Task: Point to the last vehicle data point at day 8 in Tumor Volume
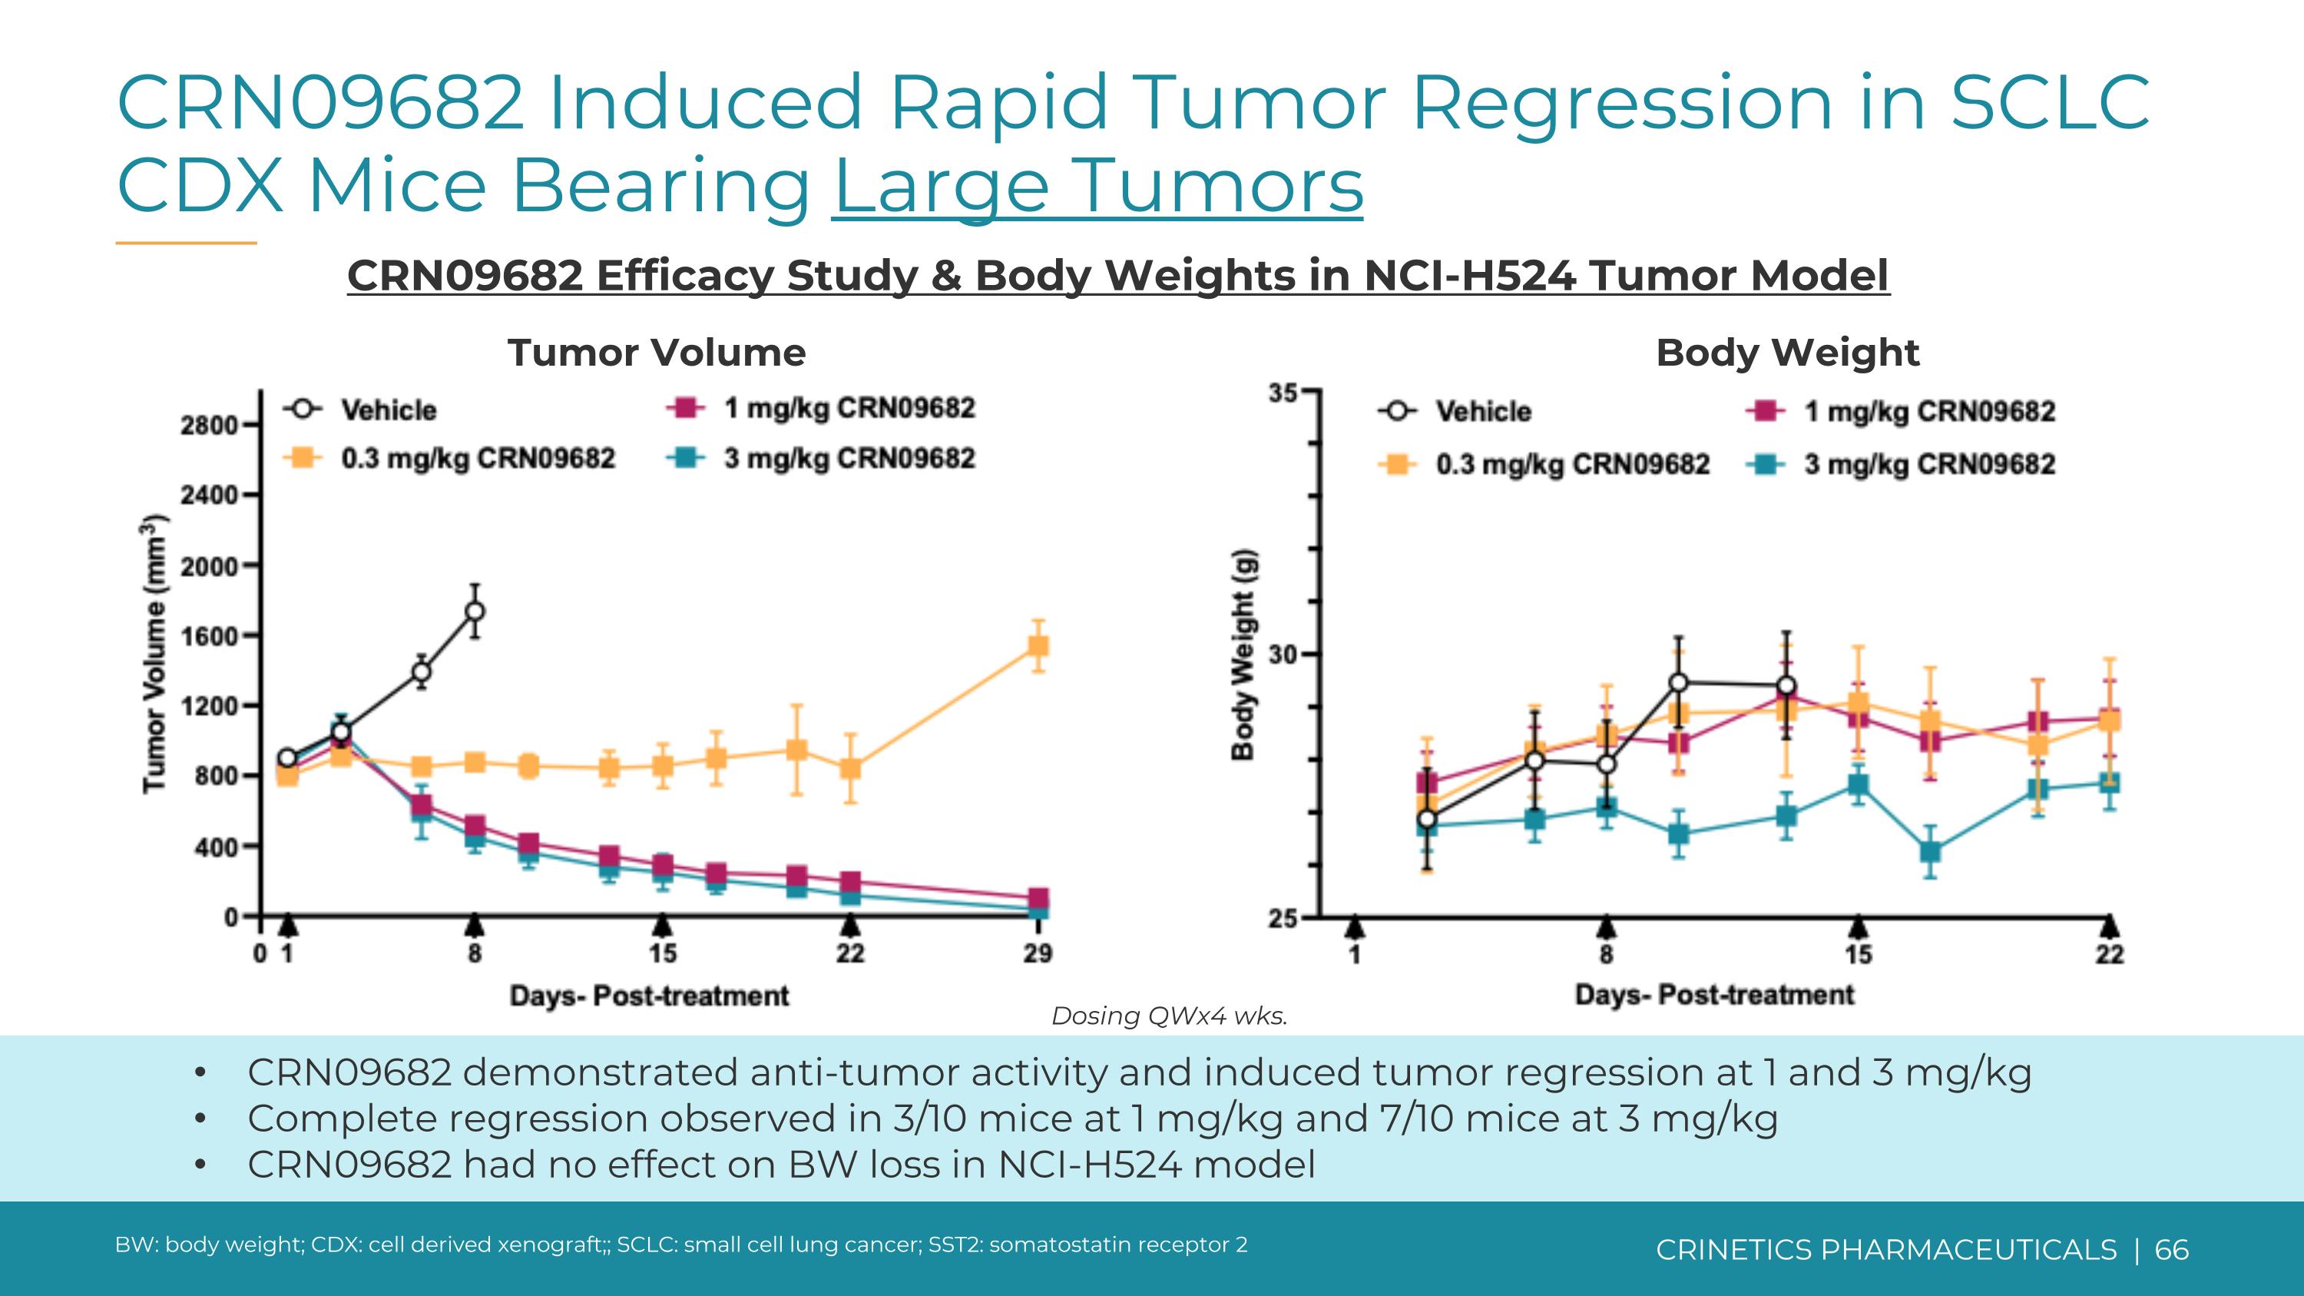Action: [x=475, y=612]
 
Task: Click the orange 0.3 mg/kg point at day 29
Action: [x=1038, y=646]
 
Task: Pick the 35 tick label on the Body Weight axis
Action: [x=1283, y=393]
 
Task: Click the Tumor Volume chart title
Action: [x=657, y=353]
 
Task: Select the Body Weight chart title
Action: [x=1787, y=353]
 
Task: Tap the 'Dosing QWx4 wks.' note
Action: [x=1168, y=1016]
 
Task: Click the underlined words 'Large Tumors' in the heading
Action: [x=1097, y=185]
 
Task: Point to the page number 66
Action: [x=2172, y=1249]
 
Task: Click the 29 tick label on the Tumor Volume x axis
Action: [x=1038, y=953]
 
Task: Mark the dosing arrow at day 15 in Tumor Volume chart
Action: [x=662, y=925]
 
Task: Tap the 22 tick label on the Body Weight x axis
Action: [x=2109, y=955]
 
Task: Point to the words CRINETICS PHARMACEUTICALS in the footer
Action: [x=1885, y=1249]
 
